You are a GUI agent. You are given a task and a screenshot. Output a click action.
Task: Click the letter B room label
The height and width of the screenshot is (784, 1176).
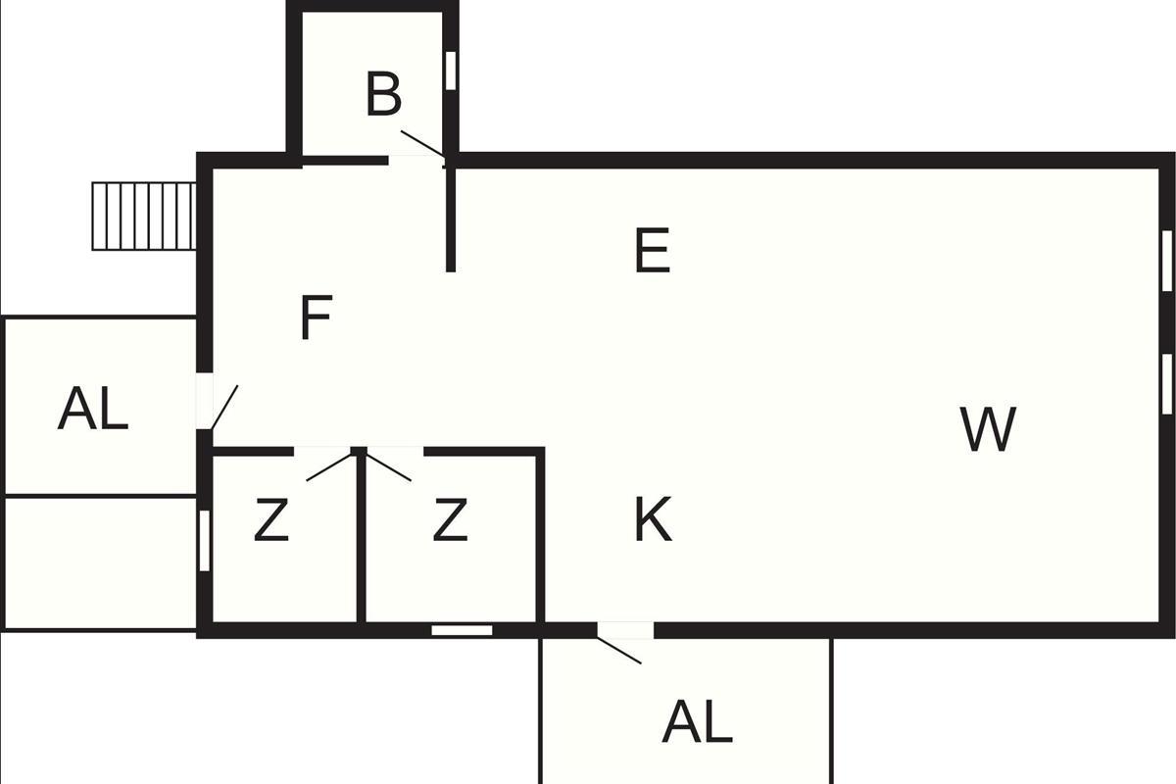tap(384, 94)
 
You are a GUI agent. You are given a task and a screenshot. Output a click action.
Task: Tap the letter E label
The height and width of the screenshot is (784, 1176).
tap(653, 250)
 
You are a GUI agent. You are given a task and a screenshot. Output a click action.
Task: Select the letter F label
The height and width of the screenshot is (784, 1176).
tap(317, 318)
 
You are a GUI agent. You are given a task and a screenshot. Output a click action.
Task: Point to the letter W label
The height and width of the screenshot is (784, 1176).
tap(988, 428)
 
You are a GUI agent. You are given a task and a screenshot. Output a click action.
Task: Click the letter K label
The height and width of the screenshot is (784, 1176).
tap(653, 518)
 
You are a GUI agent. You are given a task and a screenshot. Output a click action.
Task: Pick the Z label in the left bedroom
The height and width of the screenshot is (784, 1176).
tap(271, 519)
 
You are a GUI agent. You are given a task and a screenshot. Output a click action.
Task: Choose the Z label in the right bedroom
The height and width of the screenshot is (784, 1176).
tap(450, 519)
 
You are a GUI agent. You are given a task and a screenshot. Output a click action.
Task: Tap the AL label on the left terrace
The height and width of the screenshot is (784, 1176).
tap(93, 408)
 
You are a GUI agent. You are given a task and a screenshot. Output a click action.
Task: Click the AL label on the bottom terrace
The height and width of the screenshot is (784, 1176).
tap(697, 720)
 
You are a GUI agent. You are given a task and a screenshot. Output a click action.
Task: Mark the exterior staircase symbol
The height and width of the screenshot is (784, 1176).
tap(144, 216)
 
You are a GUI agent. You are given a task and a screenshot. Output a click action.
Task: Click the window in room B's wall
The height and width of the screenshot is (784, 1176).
tap(451, 71)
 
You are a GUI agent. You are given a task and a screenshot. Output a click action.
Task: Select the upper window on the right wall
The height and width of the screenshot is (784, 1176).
tap(1166, 261)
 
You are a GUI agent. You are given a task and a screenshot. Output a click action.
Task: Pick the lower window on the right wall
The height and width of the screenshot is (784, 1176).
tap(1166, 384)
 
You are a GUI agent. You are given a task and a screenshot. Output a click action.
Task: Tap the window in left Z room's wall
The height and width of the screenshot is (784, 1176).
tap(205, 540)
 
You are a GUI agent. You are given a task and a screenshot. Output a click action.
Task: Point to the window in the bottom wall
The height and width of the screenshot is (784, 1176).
tap(462, 630)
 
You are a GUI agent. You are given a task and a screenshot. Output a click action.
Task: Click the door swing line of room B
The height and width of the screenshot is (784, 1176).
tap(423, 144)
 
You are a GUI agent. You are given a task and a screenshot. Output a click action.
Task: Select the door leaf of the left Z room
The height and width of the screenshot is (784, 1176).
tap(329, 466)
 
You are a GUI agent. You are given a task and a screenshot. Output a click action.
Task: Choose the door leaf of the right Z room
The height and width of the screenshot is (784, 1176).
tap(388, 466)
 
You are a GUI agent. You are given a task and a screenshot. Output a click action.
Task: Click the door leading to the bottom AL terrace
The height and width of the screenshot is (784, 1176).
tap(619, 651)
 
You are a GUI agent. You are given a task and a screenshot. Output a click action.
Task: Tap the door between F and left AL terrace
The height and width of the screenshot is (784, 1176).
tap(224, 408)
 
